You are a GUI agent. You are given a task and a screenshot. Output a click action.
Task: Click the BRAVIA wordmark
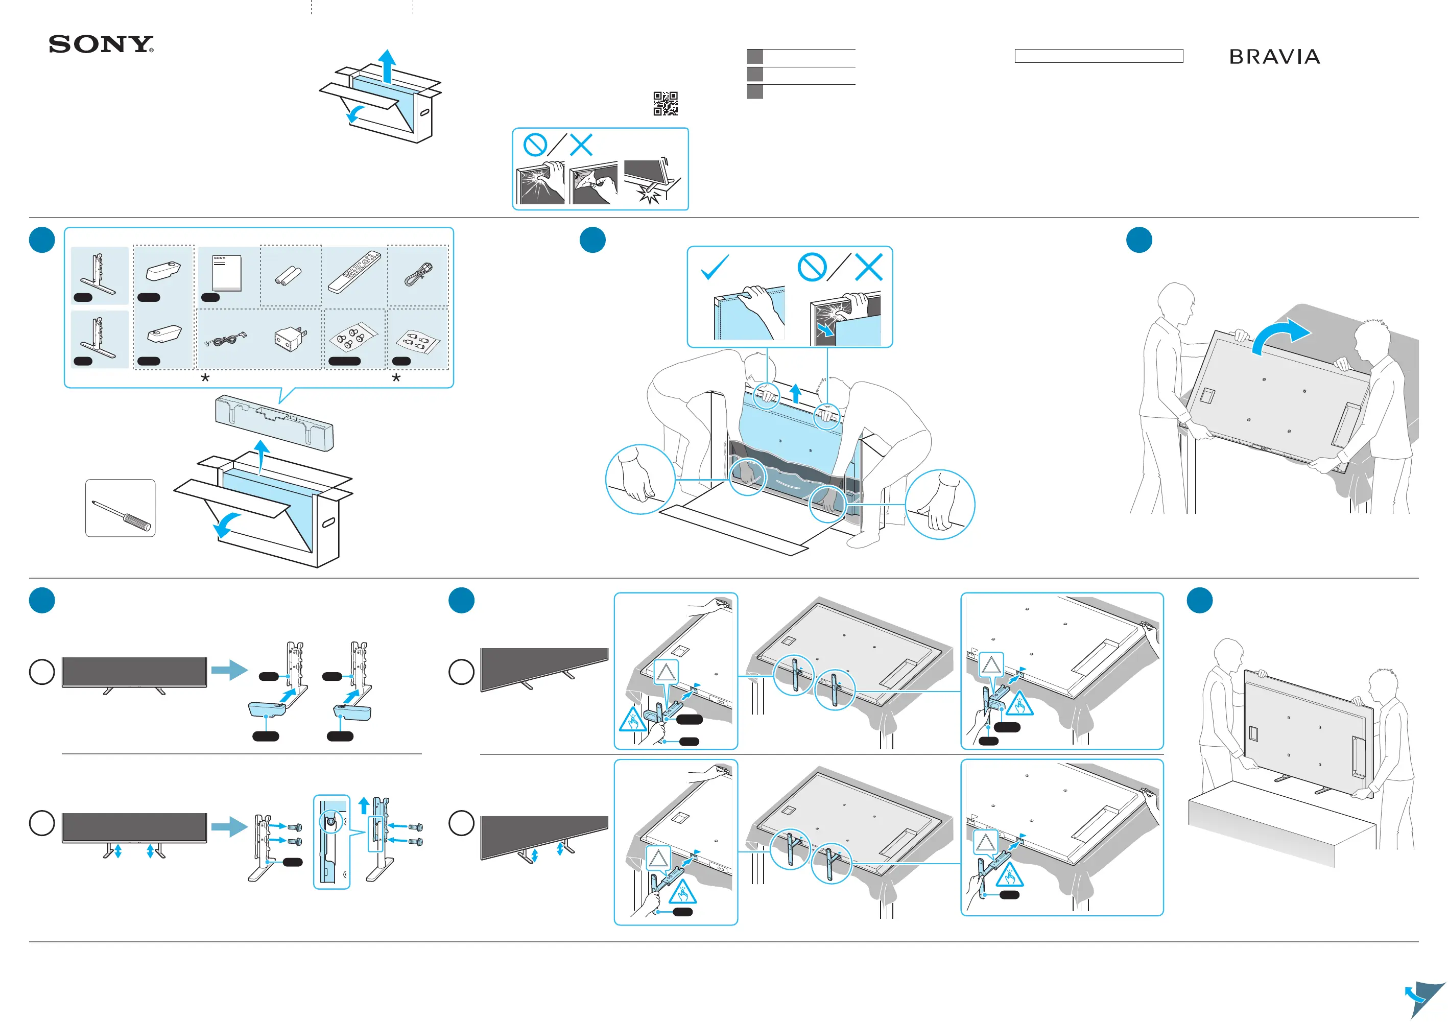(1274, 57)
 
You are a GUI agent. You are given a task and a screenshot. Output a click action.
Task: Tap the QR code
(666, 103)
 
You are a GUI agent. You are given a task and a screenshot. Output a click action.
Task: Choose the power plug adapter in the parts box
(290, 339)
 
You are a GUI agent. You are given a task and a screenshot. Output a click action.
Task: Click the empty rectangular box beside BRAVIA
(1098, 56)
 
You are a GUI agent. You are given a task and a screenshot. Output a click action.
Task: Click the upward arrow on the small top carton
(387, 66)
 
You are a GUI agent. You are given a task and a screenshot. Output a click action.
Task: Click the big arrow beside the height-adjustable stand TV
(229, 826)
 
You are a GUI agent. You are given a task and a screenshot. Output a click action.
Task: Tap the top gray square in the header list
(754, 56)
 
